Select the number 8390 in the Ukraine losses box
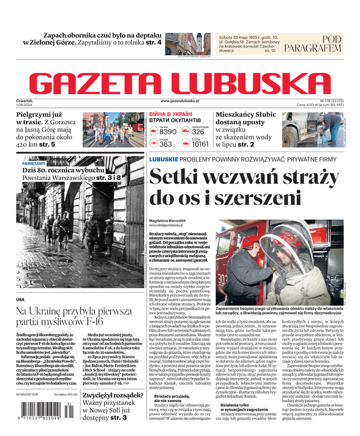[x=168, y=132]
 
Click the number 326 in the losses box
[x=198, y=132]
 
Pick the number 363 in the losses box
[x=166, y=144]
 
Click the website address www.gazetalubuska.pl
[x=180, y=101]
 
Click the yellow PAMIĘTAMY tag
[x=34, y=163]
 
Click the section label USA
[x=20, y=299]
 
